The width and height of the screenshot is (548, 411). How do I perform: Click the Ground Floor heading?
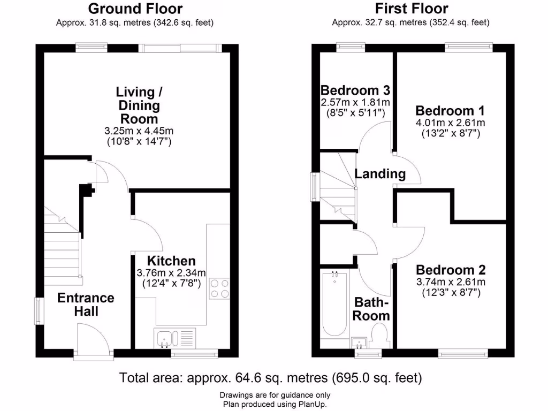pyautogui.click(x=135, y=9)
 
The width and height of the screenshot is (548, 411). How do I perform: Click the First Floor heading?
pyautogui.click(x=411, y=9)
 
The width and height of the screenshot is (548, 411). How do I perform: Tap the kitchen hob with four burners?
pyautogui.click(x=219, y=288)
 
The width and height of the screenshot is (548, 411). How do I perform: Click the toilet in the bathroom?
pyautogui.click(x=380, y=334)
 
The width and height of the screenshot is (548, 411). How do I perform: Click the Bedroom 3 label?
pyautogui.click(x=355, y=89)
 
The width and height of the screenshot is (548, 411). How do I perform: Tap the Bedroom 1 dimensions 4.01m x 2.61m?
pyautogui.click(x=450, y=123)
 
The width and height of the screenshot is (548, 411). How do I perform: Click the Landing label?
pyautogui.click(x=380, y=174)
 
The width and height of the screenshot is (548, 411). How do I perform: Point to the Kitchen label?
pyautogui.click(x=171, y=261)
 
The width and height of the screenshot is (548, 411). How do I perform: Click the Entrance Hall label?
pyautogui.click(x=86, y=304)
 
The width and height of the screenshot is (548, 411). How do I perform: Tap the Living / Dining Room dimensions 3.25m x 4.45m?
pyautogui.click(x=138, y=131)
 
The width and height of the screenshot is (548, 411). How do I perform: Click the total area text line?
pyautogui.click(x=271, y=378)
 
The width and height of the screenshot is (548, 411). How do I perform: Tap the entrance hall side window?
pyautogui.click(x=39, y=310)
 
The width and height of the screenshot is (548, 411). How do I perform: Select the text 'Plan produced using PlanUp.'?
pyautogui.click(x=275, y=404)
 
